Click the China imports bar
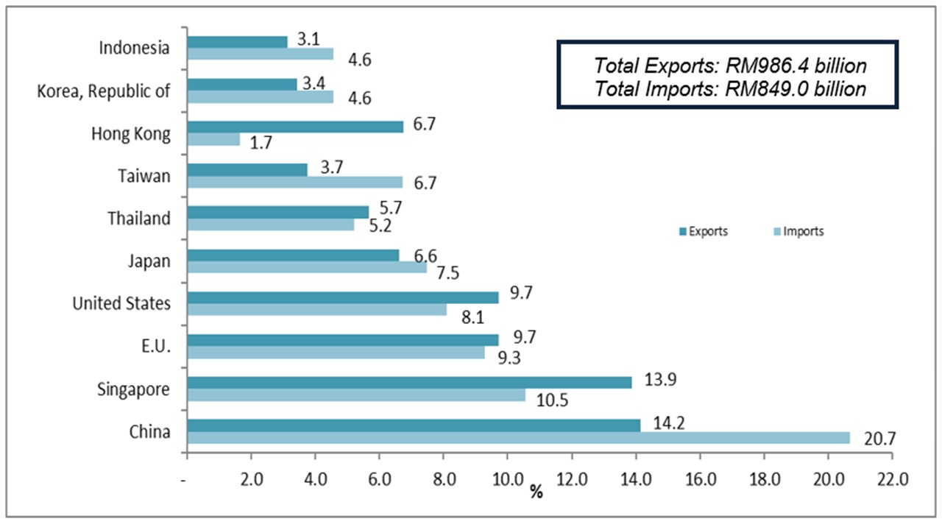[519, 438]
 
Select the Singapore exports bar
[409, 382]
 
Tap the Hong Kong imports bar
[213, 139]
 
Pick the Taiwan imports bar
[294, 182]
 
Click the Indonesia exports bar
[237, 42]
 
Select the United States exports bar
[343, 297]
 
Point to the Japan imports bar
[307, 268]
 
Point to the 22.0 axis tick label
[892, 479]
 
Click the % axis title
[536, 492]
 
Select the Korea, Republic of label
[104, 91]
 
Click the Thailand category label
[138, 219]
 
